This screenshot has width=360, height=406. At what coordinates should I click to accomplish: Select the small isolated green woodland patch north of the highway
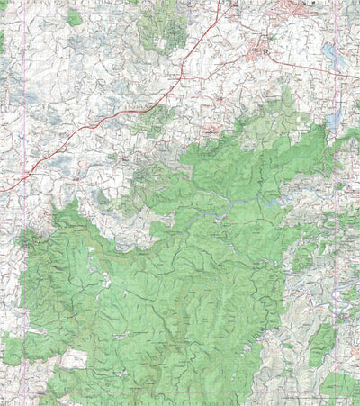(x=74, y=17)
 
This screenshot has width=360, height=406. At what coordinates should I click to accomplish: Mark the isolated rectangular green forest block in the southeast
(x=321, y=346)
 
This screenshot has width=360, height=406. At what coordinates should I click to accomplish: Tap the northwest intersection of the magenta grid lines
(x=22, y=13)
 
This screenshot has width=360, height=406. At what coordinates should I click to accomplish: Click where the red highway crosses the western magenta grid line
(x=22, y=175)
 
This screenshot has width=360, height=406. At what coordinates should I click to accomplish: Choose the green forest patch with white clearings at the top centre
(x=163, y=32)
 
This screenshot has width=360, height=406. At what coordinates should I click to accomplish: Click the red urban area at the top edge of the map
(x=297, y=9)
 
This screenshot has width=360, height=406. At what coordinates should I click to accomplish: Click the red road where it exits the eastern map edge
(x=357, y=76)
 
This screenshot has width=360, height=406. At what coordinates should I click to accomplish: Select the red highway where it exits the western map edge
(x=3, y=189)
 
